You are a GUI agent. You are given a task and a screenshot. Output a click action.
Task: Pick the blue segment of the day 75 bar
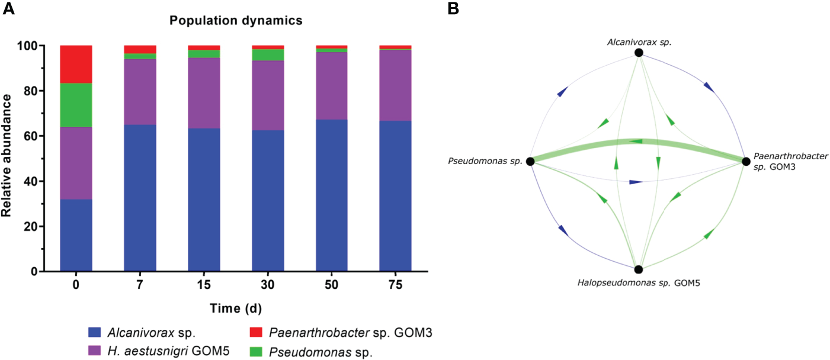[395, 196]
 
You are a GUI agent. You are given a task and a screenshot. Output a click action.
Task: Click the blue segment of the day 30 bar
[268, 201]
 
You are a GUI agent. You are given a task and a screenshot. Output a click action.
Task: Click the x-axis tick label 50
[331, 285]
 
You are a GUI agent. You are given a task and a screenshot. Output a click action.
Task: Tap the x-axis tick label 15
[203, 285]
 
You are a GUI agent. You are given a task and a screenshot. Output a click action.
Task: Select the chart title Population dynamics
[236, 21]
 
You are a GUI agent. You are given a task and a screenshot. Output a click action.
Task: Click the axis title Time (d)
[236, 308]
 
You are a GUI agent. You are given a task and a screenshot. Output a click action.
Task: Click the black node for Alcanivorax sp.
[638, 53]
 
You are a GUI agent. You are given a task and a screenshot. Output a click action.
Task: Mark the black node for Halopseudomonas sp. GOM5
[638, 269]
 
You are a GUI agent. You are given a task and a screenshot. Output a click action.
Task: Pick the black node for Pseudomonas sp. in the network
[530, 161]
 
